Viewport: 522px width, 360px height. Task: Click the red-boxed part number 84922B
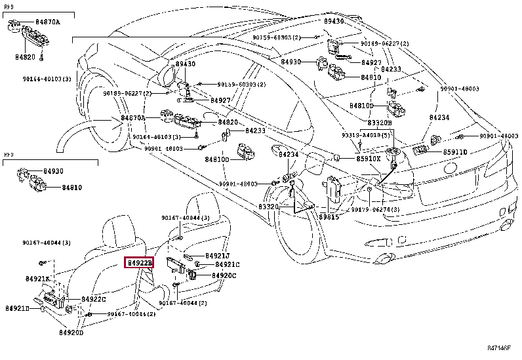(x=139, y=263)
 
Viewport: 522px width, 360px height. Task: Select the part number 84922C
(x=94, y=299)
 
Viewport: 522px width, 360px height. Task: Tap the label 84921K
(x=37, y=279)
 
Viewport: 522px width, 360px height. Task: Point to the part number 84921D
(x=17, y=308)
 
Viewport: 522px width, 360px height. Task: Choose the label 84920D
(x=71, y=333)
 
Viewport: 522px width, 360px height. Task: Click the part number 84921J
(x=217, y=255)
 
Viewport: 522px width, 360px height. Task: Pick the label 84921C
(x=228, y=264)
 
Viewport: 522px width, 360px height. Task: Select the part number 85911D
(x=455, y=151)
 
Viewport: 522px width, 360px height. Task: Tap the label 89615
(x=329, y=216)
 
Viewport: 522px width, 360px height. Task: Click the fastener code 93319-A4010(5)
(x=366, y=135)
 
